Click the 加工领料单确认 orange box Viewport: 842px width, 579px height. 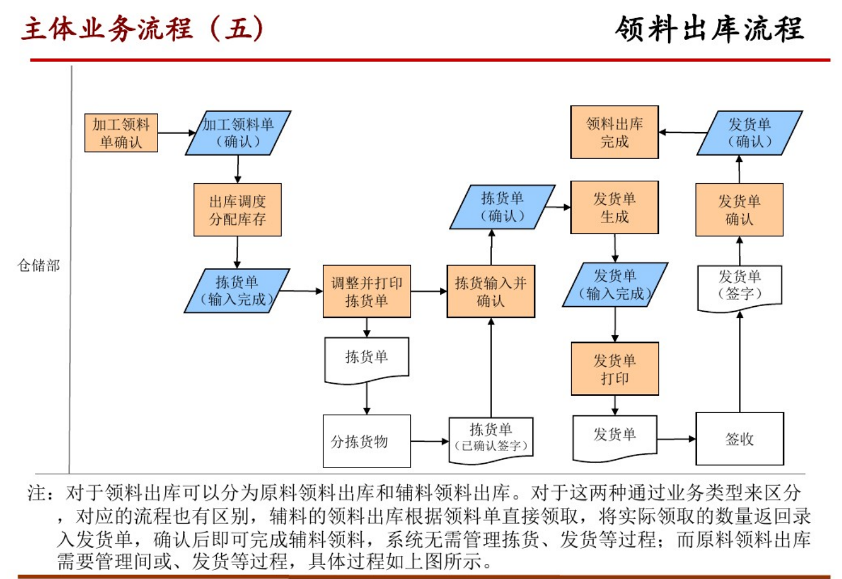[x=121, y=133]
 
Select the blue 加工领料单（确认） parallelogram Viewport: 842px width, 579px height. [x=238, y=133]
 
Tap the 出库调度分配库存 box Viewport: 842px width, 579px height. [x=237, y=210]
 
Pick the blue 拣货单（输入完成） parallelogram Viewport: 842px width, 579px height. [x=237, y=291]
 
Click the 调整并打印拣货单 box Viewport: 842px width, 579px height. [x=366, y=292]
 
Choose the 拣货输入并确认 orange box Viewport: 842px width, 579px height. [x=491, y=292]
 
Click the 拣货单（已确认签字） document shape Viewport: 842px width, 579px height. [x=491, y=438]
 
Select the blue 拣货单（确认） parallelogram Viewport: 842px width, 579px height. [x=502, y=207]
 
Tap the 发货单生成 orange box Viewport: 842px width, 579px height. [x=614, y=207]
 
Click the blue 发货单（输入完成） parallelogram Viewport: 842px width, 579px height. [x=615, y=285]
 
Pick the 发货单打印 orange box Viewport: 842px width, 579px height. [x=614, y=369]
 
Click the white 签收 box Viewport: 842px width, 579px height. [x=740, y=439]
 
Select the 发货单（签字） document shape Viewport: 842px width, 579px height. [x=740, y=286]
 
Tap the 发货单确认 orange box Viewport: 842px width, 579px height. [x=739, y=210]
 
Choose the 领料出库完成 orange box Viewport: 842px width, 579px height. [x=614, y=132]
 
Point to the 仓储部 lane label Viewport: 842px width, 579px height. [x=39, y=266]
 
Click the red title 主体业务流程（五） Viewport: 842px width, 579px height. [x=143, y=28]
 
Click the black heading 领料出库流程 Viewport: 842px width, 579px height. [x=709, y=28]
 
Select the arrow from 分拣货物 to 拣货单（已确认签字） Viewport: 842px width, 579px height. [x=429, y=441]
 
